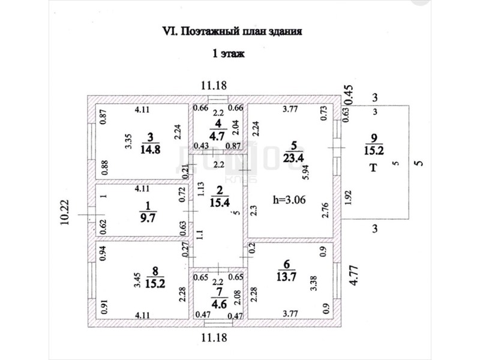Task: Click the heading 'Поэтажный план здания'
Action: [x=240, y=31]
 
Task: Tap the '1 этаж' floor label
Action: [x=228, y=54]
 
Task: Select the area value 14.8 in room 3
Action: [x=150, y=150]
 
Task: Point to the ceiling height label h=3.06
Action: [x=289, y=200]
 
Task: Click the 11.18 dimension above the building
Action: [x=214, y=86]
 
